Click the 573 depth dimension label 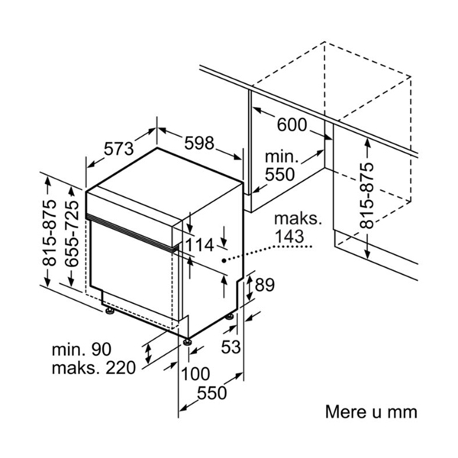119,149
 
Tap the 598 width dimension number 199,144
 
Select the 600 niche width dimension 292,125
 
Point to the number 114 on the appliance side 200,245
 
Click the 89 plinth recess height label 265,285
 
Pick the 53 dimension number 231,347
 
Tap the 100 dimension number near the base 195,373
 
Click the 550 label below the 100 212,393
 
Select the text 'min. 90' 82,349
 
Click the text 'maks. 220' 94,368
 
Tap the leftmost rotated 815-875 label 49,233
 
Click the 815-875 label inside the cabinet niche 367,195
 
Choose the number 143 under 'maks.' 289,237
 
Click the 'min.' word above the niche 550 282,156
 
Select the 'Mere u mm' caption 371,412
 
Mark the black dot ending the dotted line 224,260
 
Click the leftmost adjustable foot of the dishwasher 109,311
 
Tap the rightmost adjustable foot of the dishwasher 230,317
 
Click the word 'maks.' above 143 298,218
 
